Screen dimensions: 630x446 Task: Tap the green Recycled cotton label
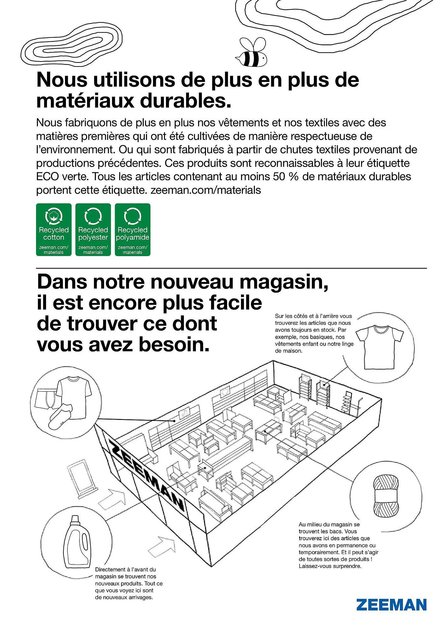tap(54, 230)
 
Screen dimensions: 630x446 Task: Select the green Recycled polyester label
tap(93, 230)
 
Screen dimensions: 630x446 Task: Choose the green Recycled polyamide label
tap(132, 230)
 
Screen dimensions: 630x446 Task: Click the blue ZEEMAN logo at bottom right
tap(391, 605)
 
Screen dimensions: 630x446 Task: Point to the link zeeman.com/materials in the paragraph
tap(206, 190)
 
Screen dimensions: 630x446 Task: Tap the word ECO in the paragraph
tap(47, 176)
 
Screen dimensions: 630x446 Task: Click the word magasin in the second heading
tap(284, 282)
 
